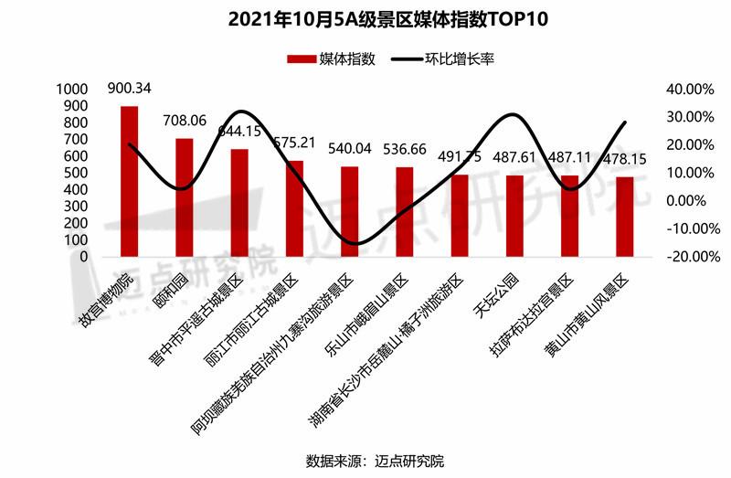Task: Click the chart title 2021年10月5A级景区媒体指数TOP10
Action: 365,19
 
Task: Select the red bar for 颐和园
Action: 185,197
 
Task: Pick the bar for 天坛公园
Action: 514,216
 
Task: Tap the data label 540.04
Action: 350,148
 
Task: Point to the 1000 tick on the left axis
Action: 70,90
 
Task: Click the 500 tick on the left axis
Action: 75,173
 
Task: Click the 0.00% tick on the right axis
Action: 692,201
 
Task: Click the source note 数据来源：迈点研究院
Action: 365,460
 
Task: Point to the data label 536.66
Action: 406,148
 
